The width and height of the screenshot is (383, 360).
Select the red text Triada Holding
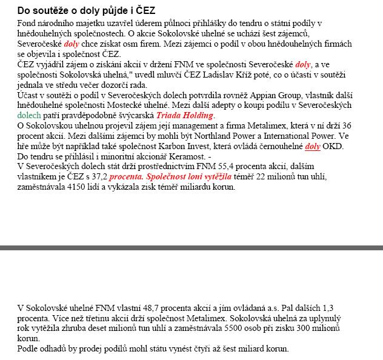(185, 115)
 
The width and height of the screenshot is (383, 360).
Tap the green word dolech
(28, 115)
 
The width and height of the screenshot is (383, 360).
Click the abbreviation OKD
(333, 146)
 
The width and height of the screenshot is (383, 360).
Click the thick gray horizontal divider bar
(191, 247)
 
